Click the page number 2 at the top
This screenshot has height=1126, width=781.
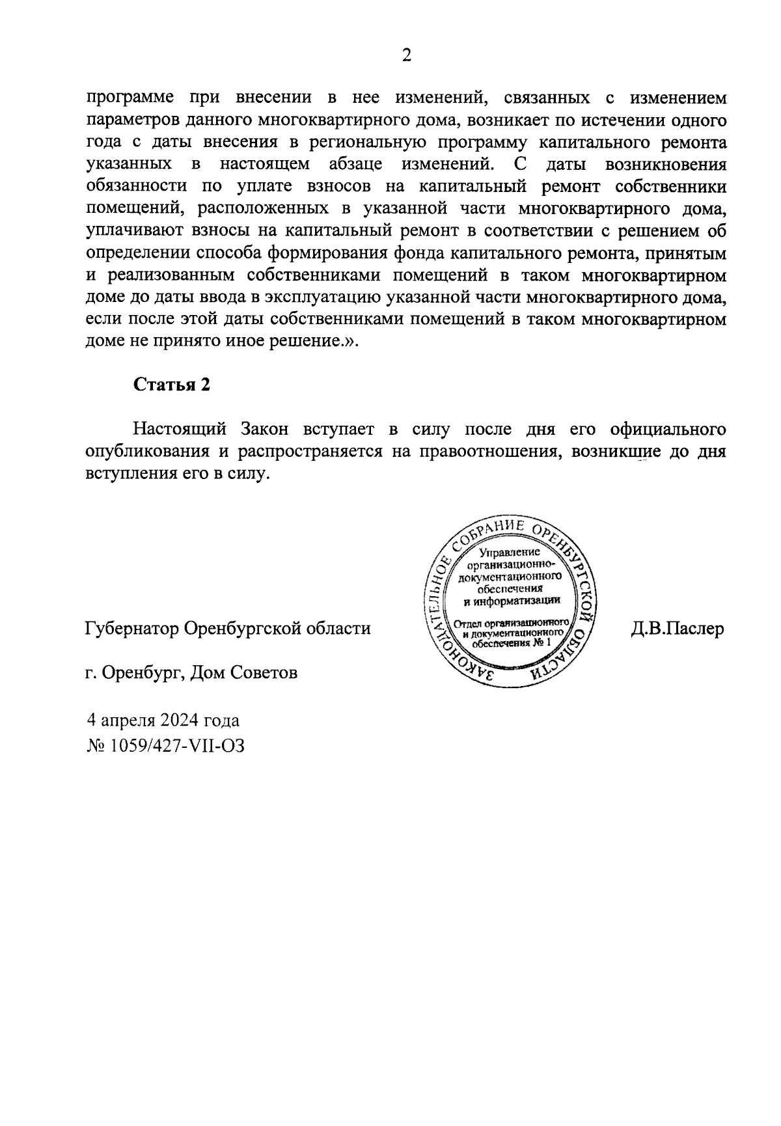tap(406, 55)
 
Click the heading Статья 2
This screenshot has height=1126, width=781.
tap(172, 385)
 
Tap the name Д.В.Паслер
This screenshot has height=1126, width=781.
tap(677, 629)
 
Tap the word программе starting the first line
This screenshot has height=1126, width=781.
tap(130, 98)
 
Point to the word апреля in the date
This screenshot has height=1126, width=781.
tap(127, 721)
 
